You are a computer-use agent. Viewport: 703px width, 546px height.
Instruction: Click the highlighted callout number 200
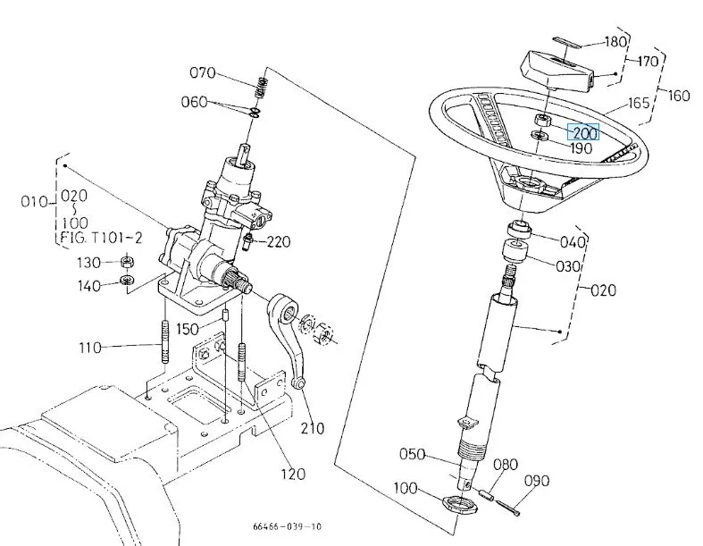point(584,132)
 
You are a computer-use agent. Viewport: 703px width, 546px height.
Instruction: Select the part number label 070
point(203,72)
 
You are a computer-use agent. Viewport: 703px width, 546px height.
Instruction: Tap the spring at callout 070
point(262,87)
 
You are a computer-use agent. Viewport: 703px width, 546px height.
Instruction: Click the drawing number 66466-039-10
point(288,526)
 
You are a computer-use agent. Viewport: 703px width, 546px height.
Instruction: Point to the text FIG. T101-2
point(101,238)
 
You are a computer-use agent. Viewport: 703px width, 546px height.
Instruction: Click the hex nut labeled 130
point(129,261)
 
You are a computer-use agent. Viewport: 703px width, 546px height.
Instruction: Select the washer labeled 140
point(128,281)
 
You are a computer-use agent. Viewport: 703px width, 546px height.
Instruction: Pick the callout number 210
point(312,428)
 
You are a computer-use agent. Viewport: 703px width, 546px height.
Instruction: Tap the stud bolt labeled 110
point(165,341)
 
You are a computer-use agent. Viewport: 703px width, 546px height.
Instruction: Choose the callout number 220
point(279,241)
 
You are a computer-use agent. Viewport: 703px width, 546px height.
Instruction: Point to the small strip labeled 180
point(567,42)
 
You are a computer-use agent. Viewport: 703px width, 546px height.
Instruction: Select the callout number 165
point(639,103)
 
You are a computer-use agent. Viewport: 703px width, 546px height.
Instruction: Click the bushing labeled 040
point(519,229)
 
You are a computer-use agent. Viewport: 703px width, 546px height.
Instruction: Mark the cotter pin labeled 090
point(508,507)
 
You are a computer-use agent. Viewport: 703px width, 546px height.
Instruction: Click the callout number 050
point(412,454)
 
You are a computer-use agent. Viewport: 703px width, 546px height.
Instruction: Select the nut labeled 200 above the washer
point(542,120)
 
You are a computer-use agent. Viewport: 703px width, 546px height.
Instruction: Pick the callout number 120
point(293,474)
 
